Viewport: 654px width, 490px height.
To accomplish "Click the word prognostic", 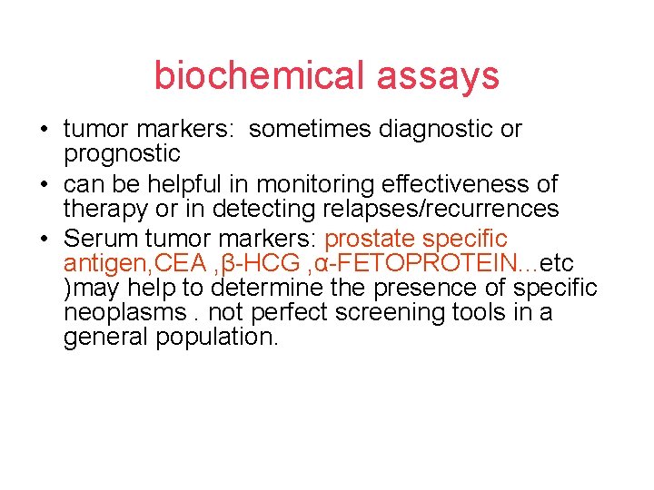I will click(122, 153).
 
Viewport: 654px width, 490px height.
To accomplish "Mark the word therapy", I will click(103, 209).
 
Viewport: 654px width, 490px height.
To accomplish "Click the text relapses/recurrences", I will click(441, 209).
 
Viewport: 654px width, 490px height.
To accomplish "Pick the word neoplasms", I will click(114, 313).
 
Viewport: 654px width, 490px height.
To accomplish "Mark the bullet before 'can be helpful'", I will click(44, 185).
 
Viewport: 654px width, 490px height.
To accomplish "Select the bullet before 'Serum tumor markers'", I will click(44, 240).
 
